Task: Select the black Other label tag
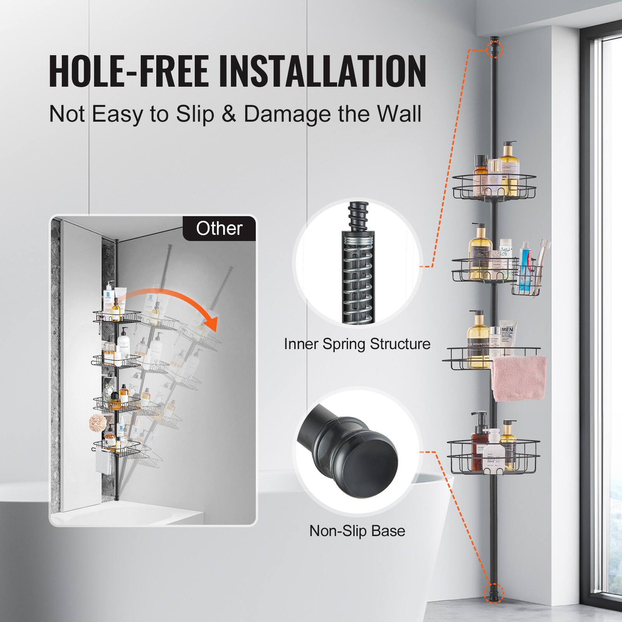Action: (x=219, y=228)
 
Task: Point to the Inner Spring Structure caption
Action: (x=357, y=344)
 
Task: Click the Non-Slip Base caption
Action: (x=357, y=531)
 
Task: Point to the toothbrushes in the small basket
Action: (x=543, y=253)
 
